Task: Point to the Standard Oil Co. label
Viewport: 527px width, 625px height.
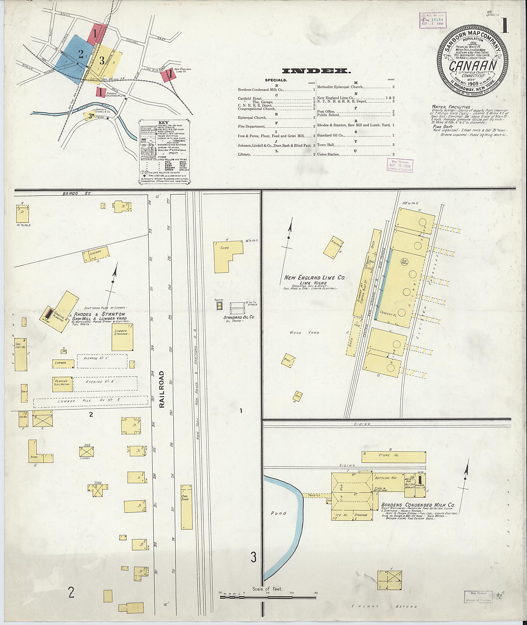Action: point(239,317)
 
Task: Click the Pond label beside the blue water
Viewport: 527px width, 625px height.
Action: point(278,513)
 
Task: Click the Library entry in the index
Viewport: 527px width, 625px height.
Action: point(244,154)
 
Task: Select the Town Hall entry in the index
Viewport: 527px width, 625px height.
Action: point(326,145)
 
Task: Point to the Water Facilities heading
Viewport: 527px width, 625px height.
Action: point(451,107)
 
